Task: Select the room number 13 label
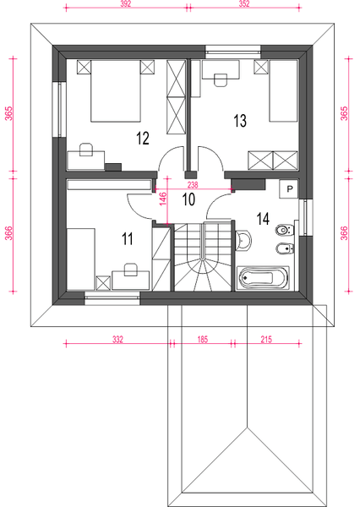[x=239, y=121]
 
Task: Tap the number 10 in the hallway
[x=188, y=199]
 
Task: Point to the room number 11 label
[x=128, y=239]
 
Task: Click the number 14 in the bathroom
[x=263, y=219]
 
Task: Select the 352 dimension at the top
[x=245, y=4]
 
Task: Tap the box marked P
[x=289, y=189]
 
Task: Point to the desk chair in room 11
[x=131, y=269]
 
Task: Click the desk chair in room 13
[x=221, y=80]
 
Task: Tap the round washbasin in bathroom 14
[x=244, y=242]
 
